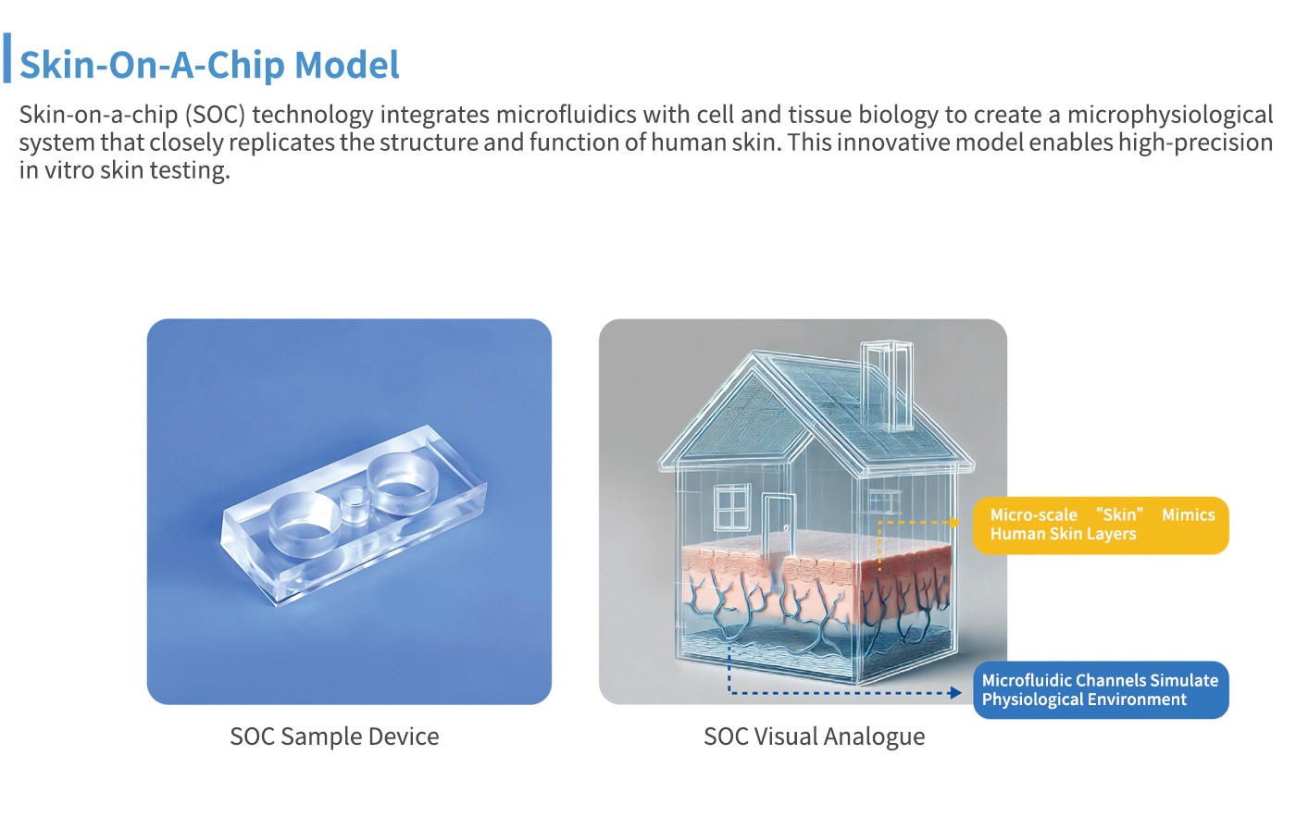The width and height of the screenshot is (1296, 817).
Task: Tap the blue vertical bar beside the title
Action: pos(7,57)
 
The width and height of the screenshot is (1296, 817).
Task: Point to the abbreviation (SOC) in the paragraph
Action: pos(215,115)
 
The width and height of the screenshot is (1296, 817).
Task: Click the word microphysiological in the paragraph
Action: pos(1170,115)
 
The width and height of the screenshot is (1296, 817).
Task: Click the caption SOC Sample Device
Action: pos(334,737)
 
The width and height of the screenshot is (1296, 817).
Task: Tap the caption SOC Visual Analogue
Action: pos(814,737)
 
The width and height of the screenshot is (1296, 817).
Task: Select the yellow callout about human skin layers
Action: pos(1101,525)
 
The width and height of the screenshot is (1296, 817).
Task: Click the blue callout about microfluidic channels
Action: pos(1101,690)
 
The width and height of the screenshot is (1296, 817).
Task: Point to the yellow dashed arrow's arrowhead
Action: pos(955,522)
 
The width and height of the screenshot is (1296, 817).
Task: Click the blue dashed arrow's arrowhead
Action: pos(955,692)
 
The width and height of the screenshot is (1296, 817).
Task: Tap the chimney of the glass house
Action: pos(887,385)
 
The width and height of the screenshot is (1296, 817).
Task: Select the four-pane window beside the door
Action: pos(732,508)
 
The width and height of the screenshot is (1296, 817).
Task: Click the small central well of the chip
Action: pos(353,506)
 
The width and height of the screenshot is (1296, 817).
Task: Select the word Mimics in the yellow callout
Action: pos(1189,514)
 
